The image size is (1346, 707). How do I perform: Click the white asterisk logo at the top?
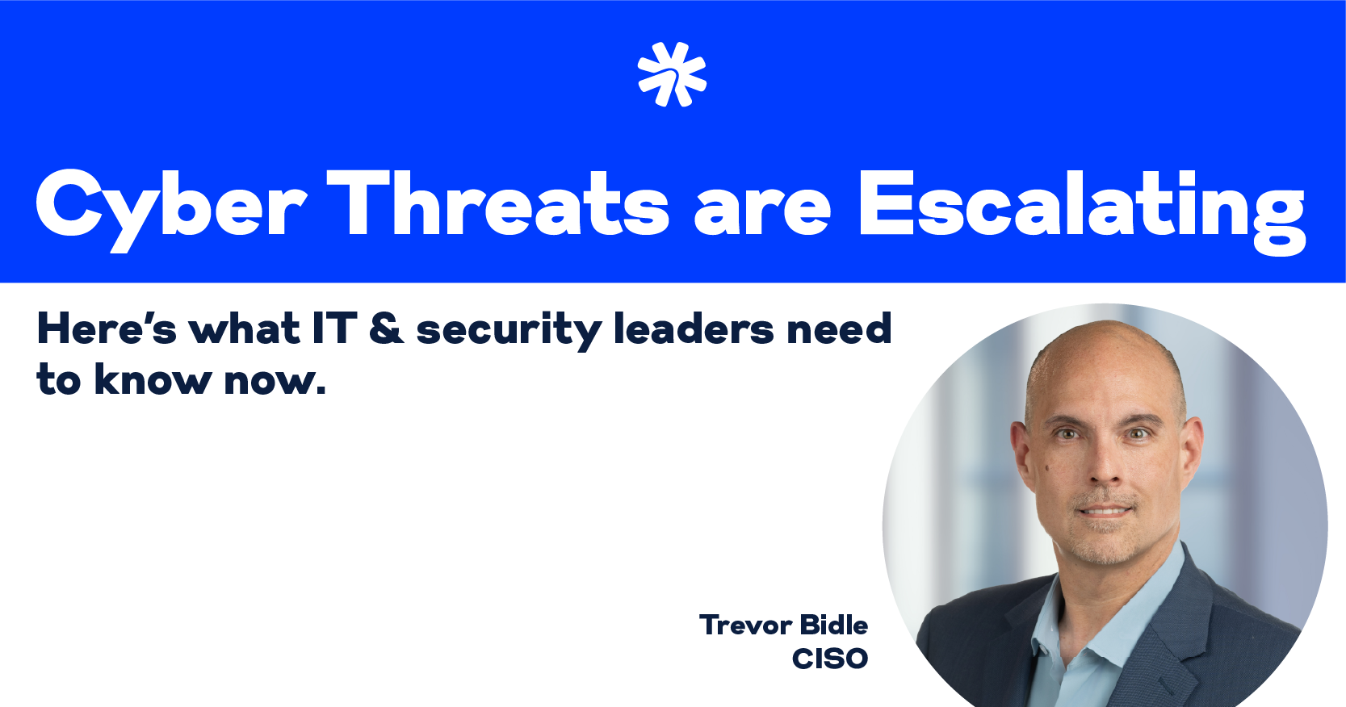click(x=672, y=74)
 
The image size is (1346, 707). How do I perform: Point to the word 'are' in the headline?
click(x=762, y=211)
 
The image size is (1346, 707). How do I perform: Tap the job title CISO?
click(x=830, y=659)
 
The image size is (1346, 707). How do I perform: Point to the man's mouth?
click(x=1105, y=511)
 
